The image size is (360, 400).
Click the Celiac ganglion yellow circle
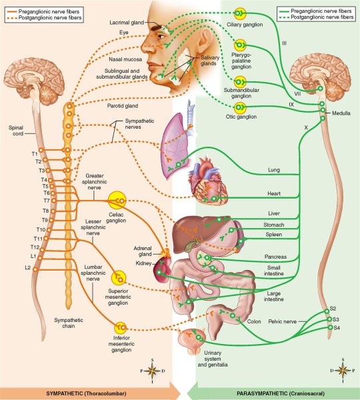click(x=118, y=199)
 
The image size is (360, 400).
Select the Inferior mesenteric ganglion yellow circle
click(x=120, y=327)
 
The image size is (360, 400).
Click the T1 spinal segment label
click(x=35, y=154)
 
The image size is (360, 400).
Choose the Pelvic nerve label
click(x=291, y=321)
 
